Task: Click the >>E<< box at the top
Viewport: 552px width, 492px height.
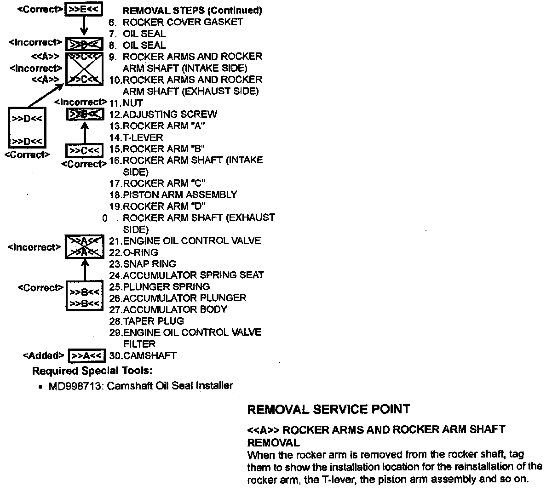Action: coord(84,10)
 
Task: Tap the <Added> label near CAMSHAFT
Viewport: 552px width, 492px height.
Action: coord(43,355)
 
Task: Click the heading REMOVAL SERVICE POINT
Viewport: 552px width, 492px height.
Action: coord(328,409)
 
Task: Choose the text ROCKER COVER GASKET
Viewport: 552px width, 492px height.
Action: coord(183,22)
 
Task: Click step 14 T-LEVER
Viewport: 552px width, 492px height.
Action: coord(136,137)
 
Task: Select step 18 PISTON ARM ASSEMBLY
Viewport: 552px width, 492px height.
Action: coord(173,195)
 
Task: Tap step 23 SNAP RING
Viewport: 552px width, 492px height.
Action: coord(143,264)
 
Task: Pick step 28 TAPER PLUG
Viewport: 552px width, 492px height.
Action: coord(147,321)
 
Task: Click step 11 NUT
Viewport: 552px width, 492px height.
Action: coord(126,103)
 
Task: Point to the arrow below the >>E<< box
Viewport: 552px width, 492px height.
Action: coord(84,27)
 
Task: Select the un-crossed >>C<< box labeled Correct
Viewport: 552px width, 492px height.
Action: coord(84,151)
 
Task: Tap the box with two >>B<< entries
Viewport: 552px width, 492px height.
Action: coord(84,297)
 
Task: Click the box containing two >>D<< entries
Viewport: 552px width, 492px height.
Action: coord(27,129)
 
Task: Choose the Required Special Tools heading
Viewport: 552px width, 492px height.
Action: coord(92,371)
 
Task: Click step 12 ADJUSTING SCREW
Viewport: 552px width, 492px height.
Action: coord(163,114)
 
